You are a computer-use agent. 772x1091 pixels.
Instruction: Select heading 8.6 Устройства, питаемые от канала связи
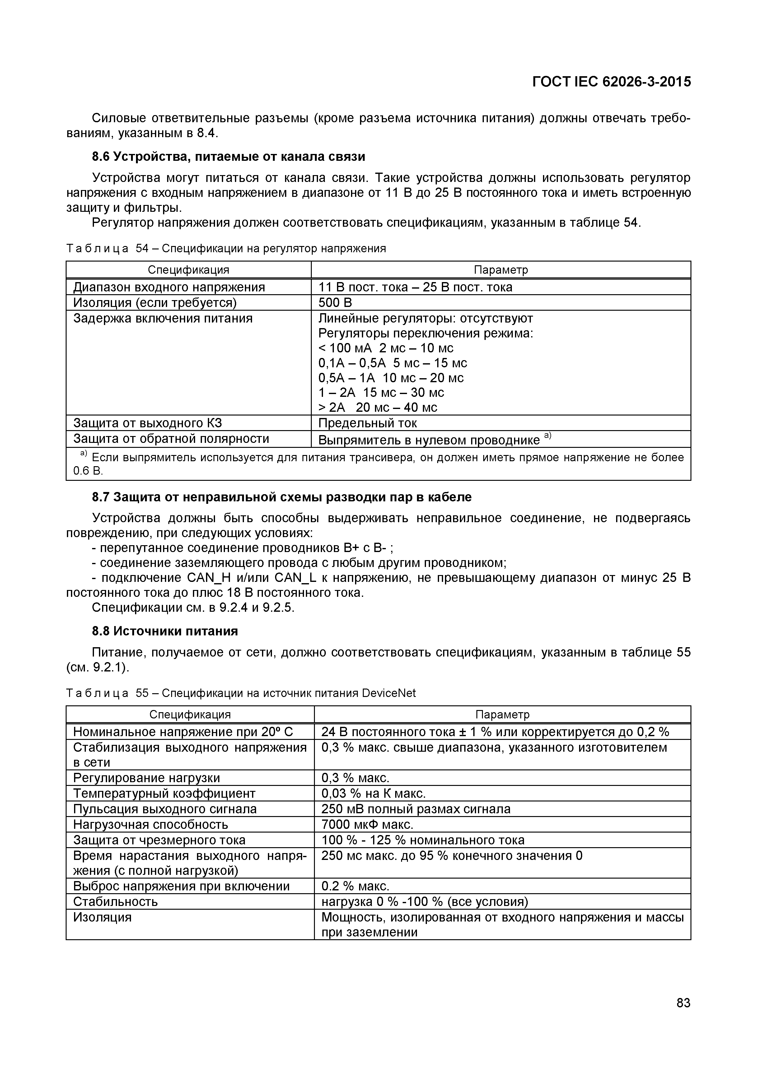pos(228,156)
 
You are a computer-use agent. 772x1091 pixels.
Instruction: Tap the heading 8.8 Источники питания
pos(165,631)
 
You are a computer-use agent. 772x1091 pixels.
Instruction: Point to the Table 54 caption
pos(226,248)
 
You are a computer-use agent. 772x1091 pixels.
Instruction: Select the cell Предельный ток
pos(367,423)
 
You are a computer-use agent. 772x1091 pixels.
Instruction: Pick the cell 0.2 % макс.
pos(355,886)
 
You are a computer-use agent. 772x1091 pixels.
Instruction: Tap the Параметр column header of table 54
pos(501,270)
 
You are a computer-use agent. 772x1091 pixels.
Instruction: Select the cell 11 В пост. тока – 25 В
pos(415,287)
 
